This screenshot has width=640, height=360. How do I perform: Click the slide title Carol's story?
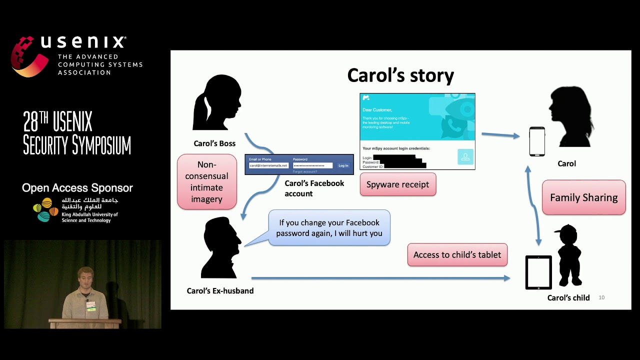coord(400,75)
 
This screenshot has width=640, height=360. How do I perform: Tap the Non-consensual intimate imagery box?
coord(206,181)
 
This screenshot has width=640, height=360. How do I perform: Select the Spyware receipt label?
coord(397,184)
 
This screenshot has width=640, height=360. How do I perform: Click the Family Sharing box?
coord(583,197)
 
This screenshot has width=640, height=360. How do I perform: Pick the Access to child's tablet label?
coord(457,255)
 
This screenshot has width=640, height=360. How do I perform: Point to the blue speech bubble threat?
coord(329,228)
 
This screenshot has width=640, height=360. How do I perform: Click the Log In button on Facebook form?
coord(343,165)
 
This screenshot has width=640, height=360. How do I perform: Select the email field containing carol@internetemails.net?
coord(268,165)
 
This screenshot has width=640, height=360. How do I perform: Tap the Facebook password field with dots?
coord(312,165)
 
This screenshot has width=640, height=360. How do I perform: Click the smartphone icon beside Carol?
coord(537,141)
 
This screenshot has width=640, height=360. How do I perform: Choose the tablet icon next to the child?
coord(538,272)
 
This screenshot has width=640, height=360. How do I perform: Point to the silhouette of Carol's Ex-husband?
coord(220,247)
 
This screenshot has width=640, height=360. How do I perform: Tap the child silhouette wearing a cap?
coord(569,255)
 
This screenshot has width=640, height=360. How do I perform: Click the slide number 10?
coord(601,297)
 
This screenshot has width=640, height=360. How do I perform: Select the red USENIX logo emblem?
coord(29,56)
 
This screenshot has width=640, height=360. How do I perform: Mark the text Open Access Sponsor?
coord(77,188)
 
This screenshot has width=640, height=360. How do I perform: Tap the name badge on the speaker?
coord(91,305)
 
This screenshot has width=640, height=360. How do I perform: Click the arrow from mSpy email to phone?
coord(500,135)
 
